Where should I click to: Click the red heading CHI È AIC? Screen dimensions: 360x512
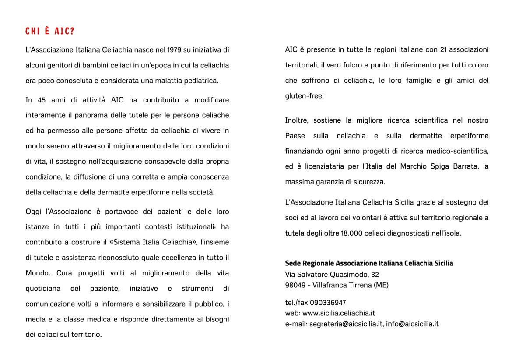[x=49, y=32]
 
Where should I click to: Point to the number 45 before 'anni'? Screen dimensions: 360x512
[x=42, y=100]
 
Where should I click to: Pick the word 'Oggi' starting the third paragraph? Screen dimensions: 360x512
[x=33, y=212]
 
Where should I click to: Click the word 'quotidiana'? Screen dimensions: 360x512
[x=43, y=289]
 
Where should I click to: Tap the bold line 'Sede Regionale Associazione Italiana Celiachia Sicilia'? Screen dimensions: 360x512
[x=369, y=263]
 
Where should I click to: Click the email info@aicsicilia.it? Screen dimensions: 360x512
[x=413, y=324]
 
